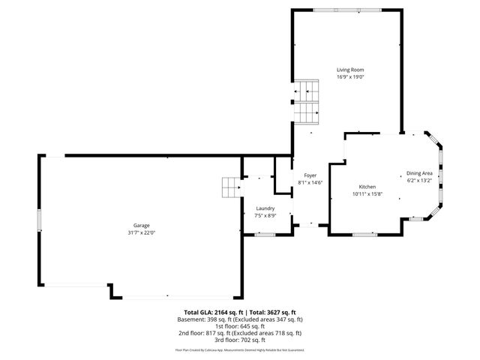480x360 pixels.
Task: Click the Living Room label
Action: point(349,69)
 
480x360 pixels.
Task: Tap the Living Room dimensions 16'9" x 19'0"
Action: point(349,76)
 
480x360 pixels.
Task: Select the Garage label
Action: point(142,225)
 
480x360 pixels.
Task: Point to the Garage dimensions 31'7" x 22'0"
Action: point(142,232)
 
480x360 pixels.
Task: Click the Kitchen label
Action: point(367,187)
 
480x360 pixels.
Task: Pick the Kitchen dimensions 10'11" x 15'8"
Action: point(367,194)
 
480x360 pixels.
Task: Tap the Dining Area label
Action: point(419,173)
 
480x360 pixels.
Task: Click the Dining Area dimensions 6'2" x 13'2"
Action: point(419,181)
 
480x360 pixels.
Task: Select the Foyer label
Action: point(310,175)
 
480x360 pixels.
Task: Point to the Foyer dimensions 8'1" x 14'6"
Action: point(310,182)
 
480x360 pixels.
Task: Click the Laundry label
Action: point(265,208)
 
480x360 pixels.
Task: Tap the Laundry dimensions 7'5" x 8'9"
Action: point(265,215)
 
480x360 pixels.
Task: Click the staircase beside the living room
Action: point(307,102)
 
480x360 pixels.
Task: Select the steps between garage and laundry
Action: point(230,187)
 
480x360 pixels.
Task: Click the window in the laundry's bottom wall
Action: point(265,235)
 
